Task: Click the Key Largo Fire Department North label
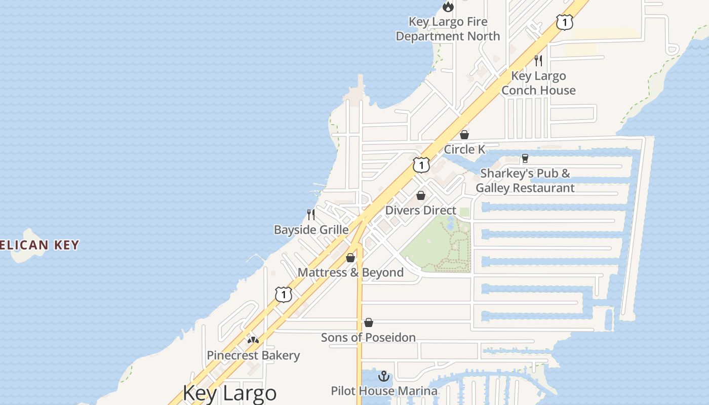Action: (x=448, y=29)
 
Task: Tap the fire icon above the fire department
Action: (x=448, y=7)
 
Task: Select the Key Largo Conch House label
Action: (x=538, y=83)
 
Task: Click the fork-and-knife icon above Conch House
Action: (x=538, y=61)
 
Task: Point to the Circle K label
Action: (x=464, y=149)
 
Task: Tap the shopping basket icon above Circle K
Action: (x=464, y=135)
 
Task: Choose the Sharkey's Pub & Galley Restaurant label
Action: (x=525, y=181)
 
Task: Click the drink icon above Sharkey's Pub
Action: (x=525, y=158)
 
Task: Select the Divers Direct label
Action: (x=421, y=210)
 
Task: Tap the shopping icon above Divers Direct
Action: (x=421, y=195)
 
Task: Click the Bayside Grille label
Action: (x=311, y=230)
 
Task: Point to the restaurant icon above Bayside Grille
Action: (x=311, y=215)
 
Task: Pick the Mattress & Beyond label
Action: (x=350, y=272)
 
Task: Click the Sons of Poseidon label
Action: (x=368, y=337)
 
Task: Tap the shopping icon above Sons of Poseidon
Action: (x=369, y=322)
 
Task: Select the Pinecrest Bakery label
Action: (x=253, y=355)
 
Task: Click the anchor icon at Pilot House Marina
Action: (x=384, y=376)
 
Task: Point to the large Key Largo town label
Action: (x=229, y=393)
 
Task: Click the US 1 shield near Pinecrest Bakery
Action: (x=284, y=294)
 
